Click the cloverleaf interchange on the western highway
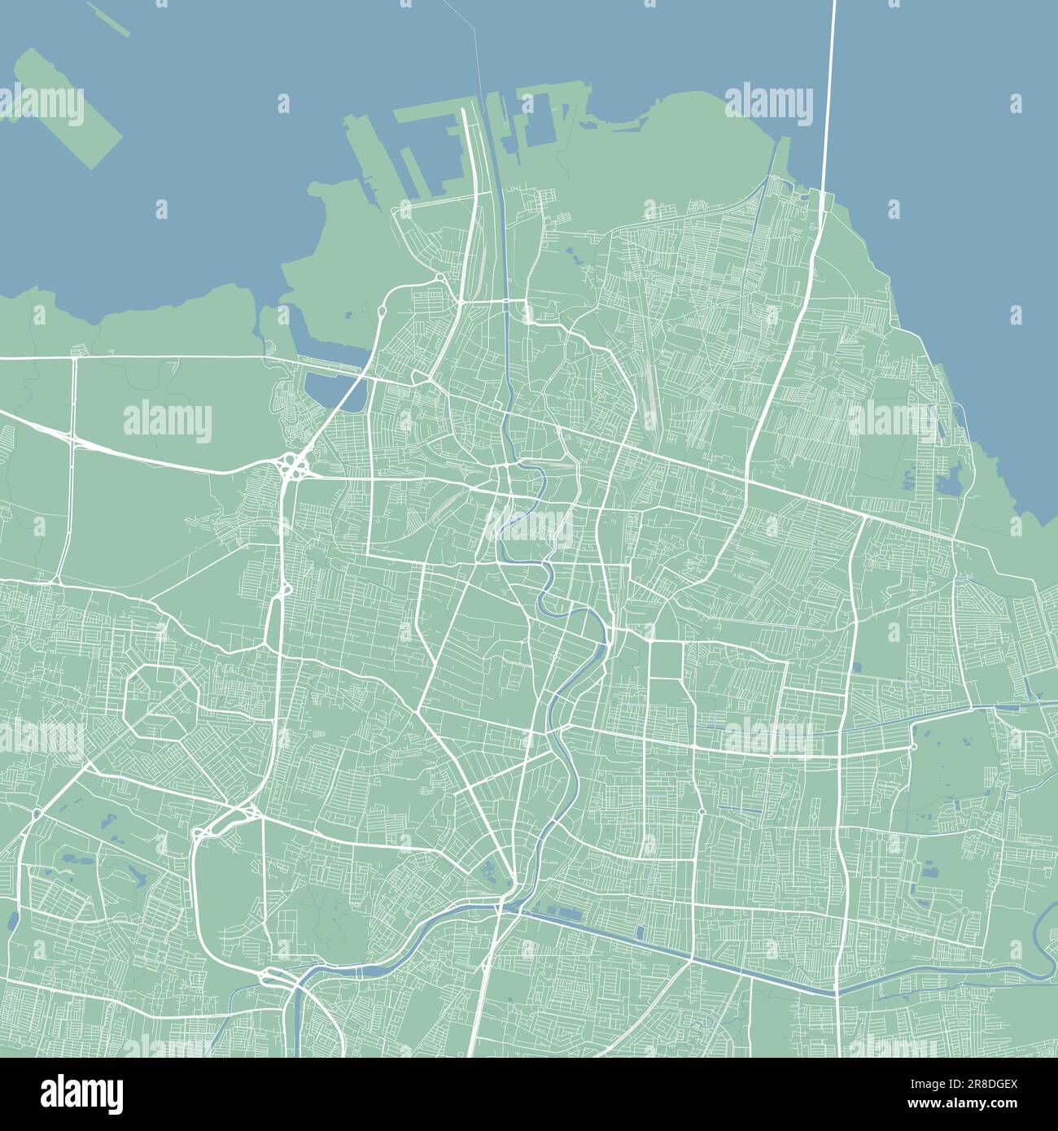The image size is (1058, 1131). point(292,467)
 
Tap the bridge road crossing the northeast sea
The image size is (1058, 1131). point(828,98)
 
